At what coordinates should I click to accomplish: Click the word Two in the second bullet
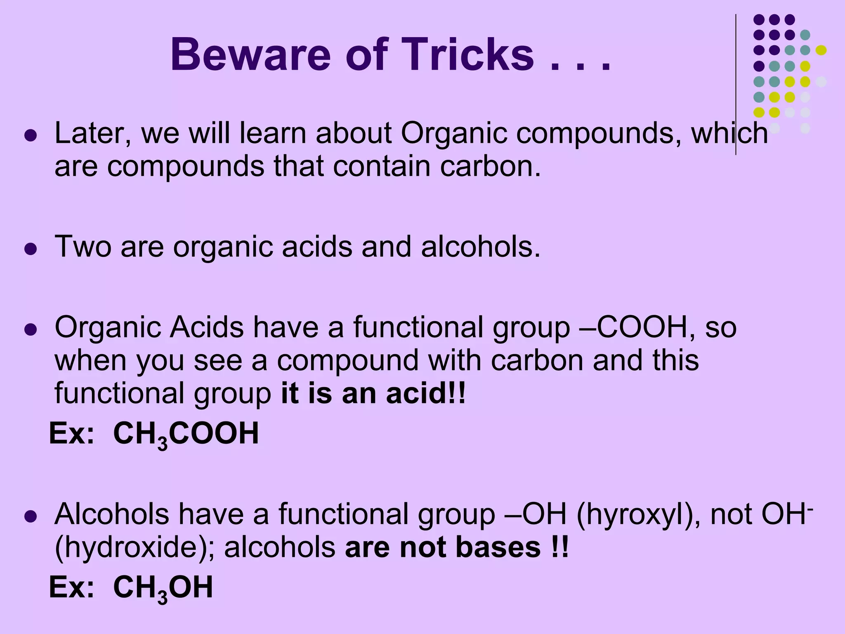point(83,246)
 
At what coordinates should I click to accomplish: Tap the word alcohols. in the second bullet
point(481,246)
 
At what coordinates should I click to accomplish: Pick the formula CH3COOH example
point(186,434)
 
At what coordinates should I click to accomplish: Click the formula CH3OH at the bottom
point(163,588)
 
